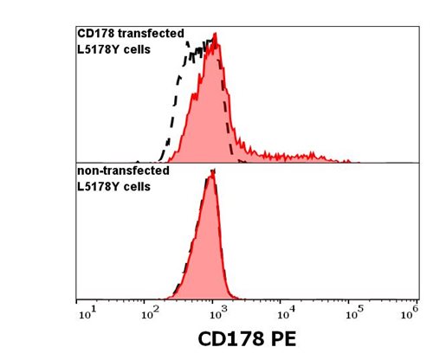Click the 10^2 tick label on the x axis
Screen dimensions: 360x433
[x=151, y=311]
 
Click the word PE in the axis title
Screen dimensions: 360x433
[x=282, y=338]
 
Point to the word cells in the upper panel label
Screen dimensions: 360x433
[x=135, y=48]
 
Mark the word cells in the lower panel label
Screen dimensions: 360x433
[x=135, y=185]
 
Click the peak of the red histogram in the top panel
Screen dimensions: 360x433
[x=215, y=36]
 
